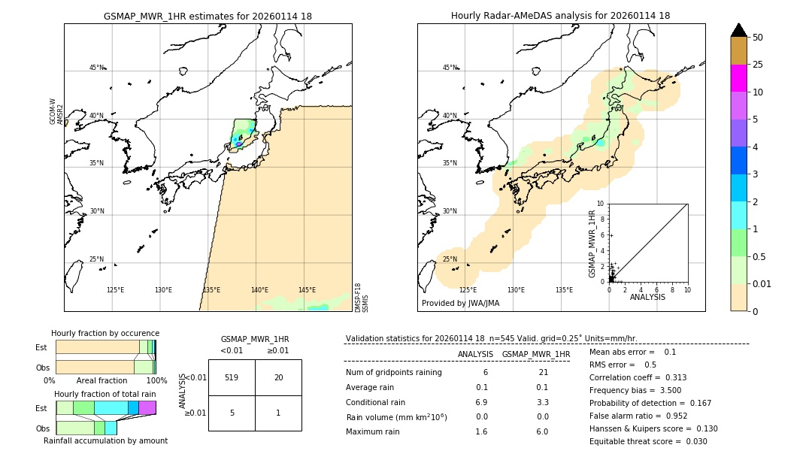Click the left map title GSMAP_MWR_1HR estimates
[x=208, y=16]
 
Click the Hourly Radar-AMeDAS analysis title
[x=561, y=16]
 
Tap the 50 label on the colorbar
[x=758, y=38]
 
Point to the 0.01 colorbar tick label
[x=763, y=284]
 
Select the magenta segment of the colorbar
[x=739, y=78]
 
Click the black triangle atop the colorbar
[x=739, y=30]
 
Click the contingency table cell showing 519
[x=232, y=377]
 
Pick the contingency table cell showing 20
[x=278, y=377]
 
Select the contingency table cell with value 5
[x=232, y=413]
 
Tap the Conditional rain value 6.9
[x=482, y=402]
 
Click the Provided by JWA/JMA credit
[x=460, y=304]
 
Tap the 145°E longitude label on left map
[x=307, y=290]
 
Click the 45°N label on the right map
[x=450, y=68]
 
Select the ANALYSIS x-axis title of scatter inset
[x=647, y=298]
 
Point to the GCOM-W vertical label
[x=53, y=111]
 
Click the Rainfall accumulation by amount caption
[x=105, y=440]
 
